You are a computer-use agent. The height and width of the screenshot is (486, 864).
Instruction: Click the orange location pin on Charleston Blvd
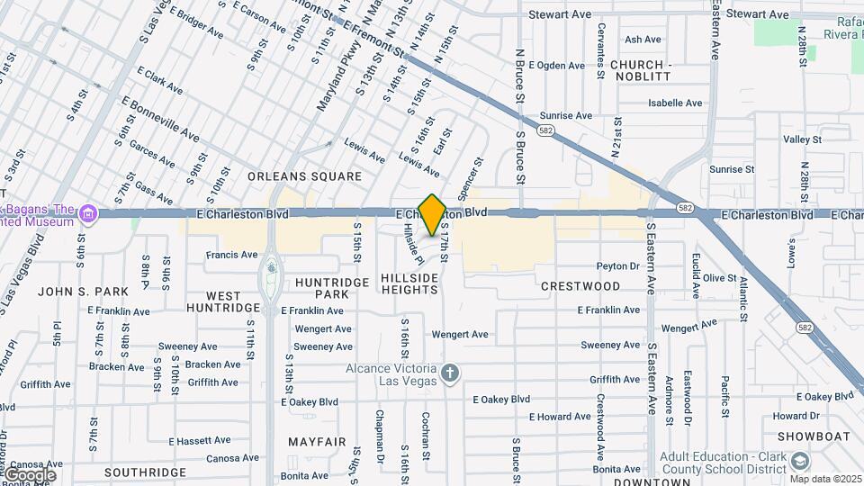(433, 214)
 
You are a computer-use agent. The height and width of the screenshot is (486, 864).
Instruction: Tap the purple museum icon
(87, 214)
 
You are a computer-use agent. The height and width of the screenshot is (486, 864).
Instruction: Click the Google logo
(30, 474)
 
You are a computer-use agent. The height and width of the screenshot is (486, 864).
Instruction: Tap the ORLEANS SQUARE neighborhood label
(304, 176)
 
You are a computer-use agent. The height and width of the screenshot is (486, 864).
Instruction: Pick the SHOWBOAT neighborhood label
(806, 436)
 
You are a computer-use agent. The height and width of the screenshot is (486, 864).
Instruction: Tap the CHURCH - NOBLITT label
(641, 71)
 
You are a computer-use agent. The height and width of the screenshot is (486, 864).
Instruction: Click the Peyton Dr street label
(617, 266)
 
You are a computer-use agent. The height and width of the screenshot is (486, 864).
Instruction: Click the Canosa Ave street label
(212, 458)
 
